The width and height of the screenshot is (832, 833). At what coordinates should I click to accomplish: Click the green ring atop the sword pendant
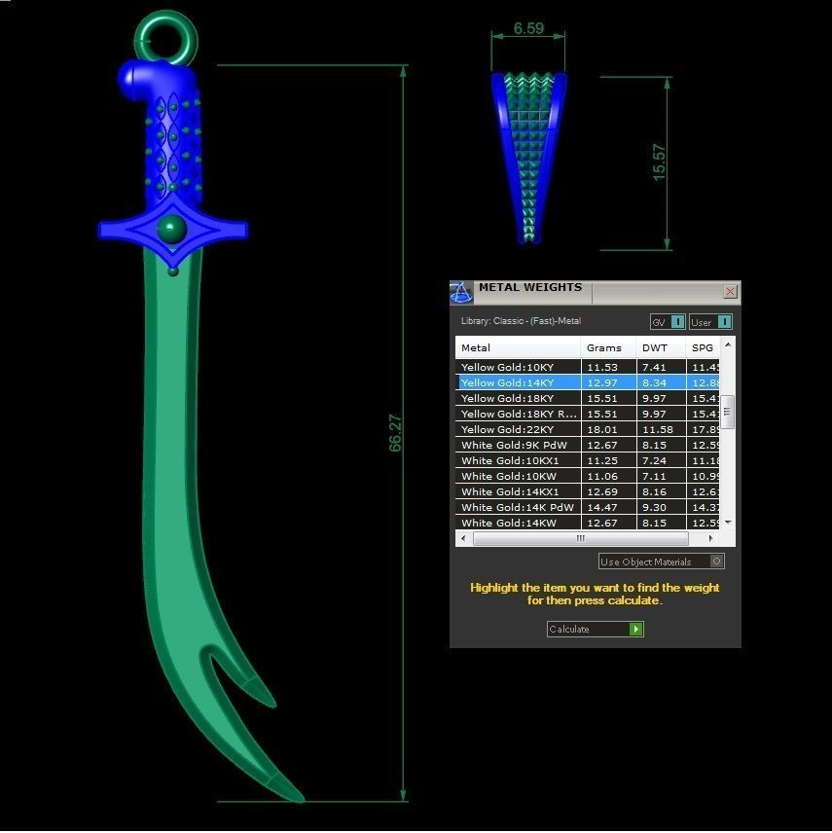(x=165, y=36)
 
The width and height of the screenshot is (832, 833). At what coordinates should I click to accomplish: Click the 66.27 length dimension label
(x=395, y=433)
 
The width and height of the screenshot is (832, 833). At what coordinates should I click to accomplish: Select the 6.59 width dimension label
(x=528, y=29)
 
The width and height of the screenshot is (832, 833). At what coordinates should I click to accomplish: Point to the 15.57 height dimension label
(x=659, y=163)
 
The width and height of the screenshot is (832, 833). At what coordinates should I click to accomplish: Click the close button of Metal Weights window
(x=730, y=292)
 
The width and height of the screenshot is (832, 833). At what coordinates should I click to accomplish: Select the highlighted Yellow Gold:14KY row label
(x=508, y=382)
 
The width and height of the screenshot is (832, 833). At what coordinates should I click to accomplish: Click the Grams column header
(x=604, y=347)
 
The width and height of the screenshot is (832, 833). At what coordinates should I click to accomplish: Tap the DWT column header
(x=655, y=347)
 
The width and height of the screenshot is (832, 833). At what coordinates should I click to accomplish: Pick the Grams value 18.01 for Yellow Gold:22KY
(x=603, y=429)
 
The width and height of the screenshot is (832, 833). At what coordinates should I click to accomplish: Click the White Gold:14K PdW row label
(x=518, y=507)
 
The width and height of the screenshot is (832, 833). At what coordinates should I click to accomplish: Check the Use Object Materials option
(x=717, y=561)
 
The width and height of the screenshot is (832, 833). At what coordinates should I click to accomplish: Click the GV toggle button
(x=677, y=322)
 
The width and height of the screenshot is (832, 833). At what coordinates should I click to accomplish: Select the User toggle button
(x=723, y=322)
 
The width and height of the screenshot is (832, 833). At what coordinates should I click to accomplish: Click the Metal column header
(x=477, y=347)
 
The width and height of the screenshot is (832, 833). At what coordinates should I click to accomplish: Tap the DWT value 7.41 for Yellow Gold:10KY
(x=654, y=367)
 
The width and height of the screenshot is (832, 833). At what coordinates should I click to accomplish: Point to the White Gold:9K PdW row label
(x=515, y=445)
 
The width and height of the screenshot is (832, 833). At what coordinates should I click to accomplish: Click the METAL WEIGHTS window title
(x=530, y=288)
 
